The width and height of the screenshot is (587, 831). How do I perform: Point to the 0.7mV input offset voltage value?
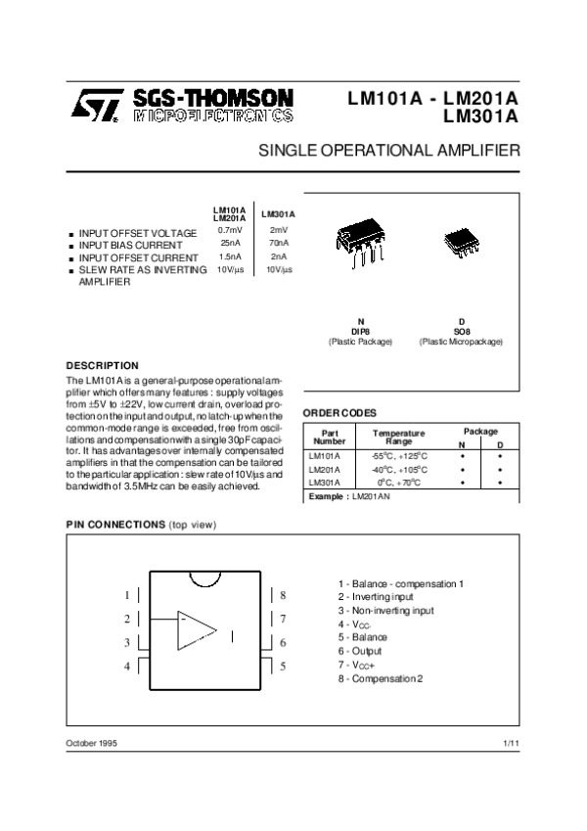point(230,231)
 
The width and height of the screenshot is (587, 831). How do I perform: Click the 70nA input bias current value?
point(278,244)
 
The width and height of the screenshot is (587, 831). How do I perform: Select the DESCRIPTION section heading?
point(102,365)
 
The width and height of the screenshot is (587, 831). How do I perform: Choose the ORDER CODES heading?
point(339,413)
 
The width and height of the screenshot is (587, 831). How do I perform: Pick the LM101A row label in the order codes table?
point(324,456)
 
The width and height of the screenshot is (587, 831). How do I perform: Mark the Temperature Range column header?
point(398,437)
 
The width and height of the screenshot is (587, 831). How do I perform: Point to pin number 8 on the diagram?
point(282,595)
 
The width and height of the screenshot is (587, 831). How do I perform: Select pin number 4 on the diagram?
point(126,667)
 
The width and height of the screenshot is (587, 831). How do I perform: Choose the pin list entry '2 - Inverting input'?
point(376,597)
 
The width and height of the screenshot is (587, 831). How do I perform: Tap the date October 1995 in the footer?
point(92,745)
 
